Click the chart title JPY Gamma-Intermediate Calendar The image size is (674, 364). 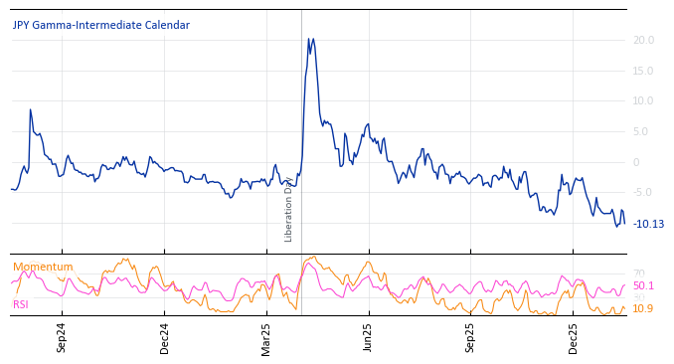pyautogui.click(x=100, y=26)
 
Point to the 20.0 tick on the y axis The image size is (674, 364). pyautogui.click(x=642, y=41)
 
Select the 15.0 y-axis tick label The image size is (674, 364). pyautogui.click(x=642, y=71)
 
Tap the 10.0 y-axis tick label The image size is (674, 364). pyautogui.click(x=642, y=101)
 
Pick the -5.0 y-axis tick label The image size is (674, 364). pyautogui.click(x=643, y=193)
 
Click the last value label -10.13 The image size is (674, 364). pyautogui.click(x=648, y=225)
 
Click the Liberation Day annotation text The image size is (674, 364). pyautogui.click(x=289, y=210)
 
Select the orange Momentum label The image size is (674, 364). pyautogui.click(x=43, y=268)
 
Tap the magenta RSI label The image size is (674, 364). pyautogui.click(x=21, y=305)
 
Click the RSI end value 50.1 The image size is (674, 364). pyautogui.click(x=643, y=286)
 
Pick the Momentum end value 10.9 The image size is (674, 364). pyautogui.click(x=643, y=309)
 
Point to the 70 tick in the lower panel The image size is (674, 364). pyautogui.click(x=638, y=274)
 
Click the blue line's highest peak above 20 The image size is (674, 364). pyautogui.click(x=308, y=39)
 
